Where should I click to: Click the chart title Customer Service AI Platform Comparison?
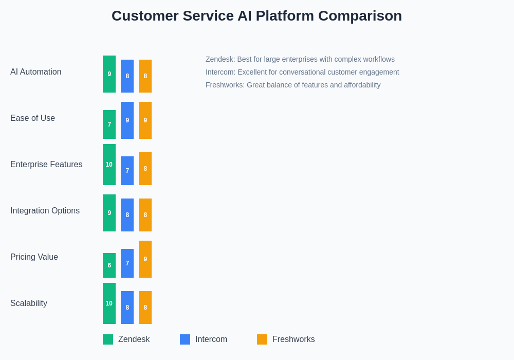(x=256, y=16)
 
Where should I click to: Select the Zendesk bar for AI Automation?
(x=109, y=74)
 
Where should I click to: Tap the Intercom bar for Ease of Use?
(x=127, y=120)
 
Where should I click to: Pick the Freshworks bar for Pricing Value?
(x=145, y=259)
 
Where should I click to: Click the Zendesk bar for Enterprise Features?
(x=109, y=165)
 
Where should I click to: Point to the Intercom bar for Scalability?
(x=127, y=308)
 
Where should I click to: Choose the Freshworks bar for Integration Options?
(x=145, y=215)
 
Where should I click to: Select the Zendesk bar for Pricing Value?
(x=109, y=265)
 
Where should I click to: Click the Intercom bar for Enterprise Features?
(x=127, y=171)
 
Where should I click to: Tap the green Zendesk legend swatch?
(x=108, y=339)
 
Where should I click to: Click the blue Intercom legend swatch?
(x=185, y=339)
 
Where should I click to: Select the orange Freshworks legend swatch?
(x=262, y=339)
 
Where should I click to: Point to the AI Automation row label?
(x=36, y=72)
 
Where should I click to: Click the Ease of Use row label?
(x=33, y=118)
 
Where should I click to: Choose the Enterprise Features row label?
(x=46, y=165)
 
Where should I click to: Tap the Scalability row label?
(x=29, y=303)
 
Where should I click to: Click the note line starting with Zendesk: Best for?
(x=300, y=59)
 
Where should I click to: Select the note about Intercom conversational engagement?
(x=302, y=72)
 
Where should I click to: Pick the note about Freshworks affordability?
(x=293, y=85)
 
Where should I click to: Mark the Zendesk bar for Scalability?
(x=109, y=303)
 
